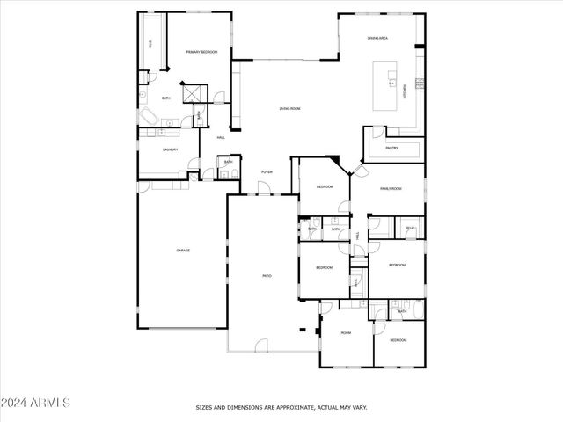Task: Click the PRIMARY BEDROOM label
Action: coord(201,53)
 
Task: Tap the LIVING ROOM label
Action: coord(290,108)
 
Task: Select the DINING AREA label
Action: coord(378,39)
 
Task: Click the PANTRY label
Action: coord(392,149)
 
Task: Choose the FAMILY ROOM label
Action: coord(391,189)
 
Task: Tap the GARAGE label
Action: coord(183,251)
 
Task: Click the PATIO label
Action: coord(267,276)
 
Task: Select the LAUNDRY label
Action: coord(171,149)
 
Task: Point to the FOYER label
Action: coord(267,172)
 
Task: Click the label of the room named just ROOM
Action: coord(347,332)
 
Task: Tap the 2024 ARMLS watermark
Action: coord(35,403)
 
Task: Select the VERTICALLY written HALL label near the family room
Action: coord(357,236)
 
